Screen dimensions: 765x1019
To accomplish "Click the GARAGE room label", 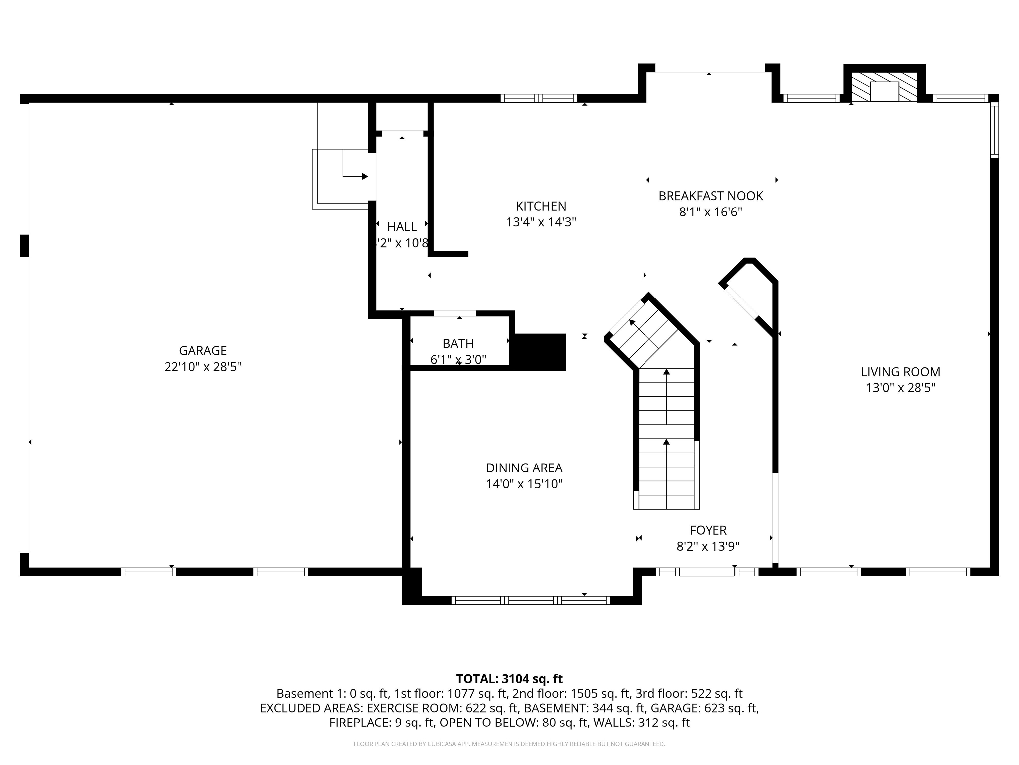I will (203, 350).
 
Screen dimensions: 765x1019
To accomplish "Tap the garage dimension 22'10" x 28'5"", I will (203, 367).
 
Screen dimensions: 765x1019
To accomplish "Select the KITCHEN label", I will (541, 206).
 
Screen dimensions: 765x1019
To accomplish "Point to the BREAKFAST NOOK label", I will (711, 196).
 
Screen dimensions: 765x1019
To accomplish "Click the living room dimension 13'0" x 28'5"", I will (900, 388).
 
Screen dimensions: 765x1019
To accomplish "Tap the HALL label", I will (402, 227).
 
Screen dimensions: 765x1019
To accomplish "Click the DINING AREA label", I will (524, 468).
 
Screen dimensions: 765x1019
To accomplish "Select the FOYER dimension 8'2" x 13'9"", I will (708, 547).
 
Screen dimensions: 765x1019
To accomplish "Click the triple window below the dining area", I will (531, 600).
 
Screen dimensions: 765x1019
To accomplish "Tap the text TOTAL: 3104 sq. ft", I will (509, 679).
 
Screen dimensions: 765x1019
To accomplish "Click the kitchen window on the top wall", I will (538, 98).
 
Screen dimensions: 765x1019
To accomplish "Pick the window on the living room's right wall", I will (994, 130).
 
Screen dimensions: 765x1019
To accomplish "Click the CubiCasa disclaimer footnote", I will (509, 744).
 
